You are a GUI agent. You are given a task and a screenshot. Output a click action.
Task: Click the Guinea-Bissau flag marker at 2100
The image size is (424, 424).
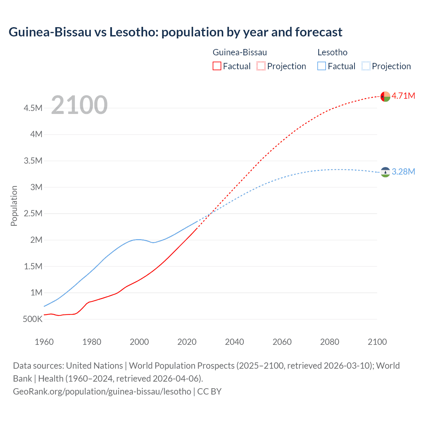coord(385,96)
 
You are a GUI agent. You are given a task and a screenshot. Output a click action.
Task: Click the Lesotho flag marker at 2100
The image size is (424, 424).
coord(385,172)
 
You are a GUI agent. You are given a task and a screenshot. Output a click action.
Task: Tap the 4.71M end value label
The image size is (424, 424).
coord(403,96)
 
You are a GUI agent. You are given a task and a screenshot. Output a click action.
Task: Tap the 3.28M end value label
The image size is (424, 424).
coord(403,172)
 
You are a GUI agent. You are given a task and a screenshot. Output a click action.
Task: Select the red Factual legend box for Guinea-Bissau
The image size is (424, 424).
coord(217,66)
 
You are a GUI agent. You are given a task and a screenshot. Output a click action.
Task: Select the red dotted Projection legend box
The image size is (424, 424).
coord(261,66)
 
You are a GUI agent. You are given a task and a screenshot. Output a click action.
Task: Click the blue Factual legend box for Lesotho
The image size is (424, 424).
coord(322,66)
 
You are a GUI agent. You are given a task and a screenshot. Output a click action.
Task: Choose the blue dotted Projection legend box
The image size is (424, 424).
coord(366,66)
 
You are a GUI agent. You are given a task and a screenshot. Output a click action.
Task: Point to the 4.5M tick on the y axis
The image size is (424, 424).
coord(33,108)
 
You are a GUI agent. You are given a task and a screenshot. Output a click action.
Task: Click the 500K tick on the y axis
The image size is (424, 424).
coord(33,319)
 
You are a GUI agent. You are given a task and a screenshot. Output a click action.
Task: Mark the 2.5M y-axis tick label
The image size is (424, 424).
coord(33,214)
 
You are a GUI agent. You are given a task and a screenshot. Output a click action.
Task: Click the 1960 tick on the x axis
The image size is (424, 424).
coord(44,342)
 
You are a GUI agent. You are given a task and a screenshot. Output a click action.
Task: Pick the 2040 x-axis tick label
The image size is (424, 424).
coord(235,342)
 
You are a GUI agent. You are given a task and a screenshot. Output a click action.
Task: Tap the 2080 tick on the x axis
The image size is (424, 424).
coord(330,342)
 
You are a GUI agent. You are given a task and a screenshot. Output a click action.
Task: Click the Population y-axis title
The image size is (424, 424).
coord(14,206)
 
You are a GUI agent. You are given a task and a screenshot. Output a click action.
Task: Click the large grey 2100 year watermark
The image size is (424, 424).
coord(79,105)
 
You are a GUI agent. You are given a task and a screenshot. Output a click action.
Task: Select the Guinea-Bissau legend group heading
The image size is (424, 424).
coord(239,52)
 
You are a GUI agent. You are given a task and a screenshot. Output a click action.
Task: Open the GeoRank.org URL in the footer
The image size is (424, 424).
coord(102,391)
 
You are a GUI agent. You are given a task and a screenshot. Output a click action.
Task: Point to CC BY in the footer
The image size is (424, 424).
coord(209,391)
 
